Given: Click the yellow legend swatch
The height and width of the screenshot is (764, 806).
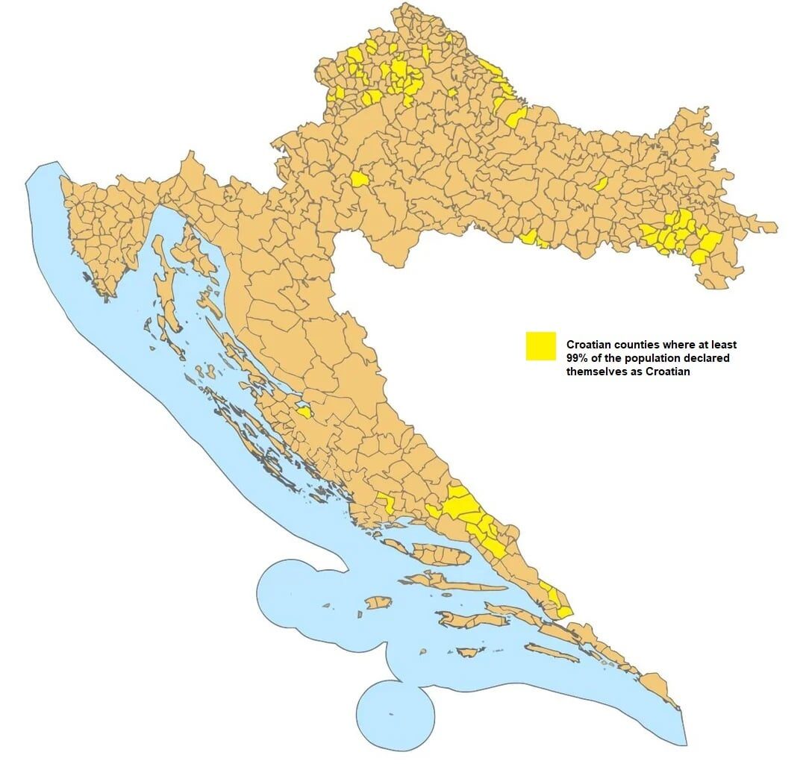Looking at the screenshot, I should point(540,346).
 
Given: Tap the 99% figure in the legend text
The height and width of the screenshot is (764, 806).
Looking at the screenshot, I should point(578,358).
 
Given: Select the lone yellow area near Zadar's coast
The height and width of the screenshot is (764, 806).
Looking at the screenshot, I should point(303,411).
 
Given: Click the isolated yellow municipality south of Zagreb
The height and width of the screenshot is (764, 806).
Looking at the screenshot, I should point(359,179).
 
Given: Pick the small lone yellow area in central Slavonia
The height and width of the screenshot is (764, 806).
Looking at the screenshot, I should point(601,184).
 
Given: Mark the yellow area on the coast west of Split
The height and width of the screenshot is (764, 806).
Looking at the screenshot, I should point(386,501).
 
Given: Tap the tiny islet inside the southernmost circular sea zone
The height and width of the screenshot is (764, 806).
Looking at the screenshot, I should point(390,715).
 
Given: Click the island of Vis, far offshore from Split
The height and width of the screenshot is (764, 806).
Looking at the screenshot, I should point(378,601).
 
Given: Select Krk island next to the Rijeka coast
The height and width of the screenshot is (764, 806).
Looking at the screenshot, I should point(198,251).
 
